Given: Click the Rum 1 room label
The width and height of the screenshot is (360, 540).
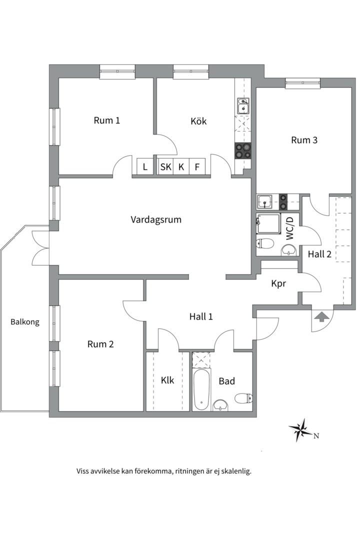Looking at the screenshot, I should pos(107,120).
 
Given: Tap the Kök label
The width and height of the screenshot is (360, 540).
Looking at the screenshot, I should pos(198,121).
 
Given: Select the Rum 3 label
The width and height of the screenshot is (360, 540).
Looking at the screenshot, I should pos(304,140).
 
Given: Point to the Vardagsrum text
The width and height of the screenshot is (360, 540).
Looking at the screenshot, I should pos(156,219).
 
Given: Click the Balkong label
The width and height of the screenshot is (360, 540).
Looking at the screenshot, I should pos(25,322).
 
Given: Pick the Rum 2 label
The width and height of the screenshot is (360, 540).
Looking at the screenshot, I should pos(100,344).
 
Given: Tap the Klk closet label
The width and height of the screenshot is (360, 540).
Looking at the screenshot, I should pos(167,380).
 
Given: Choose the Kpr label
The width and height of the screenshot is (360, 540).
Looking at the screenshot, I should pos(278,283).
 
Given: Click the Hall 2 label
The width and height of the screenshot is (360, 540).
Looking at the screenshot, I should pos(319,254).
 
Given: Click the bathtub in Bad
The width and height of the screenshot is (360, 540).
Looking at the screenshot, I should pos(202,390).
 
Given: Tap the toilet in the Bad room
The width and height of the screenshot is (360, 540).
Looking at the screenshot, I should pos(242,398).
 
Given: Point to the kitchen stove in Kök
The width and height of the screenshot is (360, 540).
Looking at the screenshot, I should pos(243,151).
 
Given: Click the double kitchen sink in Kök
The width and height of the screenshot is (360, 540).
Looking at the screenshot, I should pos(243,106).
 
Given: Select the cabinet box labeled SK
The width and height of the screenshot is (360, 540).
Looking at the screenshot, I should pos(165,167).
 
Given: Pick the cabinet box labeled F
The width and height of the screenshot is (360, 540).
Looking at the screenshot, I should pos(197,167).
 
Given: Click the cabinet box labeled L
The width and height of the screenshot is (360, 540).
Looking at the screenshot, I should pos(145,167).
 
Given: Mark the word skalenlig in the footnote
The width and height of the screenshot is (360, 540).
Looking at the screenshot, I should pos(234,471).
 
